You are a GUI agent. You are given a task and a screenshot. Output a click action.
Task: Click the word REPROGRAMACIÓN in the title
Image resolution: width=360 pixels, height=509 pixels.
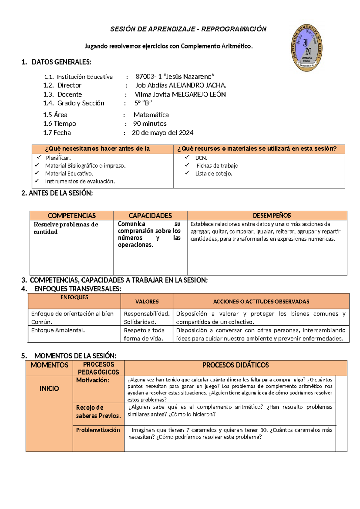coord(234,29)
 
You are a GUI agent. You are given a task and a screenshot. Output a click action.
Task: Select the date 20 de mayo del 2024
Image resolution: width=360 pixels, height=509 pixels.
coord(163,133)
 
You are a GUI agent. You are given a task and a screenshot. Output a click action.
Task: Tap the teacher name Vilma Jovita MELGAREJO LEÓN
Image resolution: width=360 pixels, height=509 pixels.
coord(180,94)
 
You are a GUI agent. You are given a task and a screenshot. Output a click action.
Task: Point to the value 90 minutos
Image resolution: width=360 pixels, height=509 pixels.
coord(150,124)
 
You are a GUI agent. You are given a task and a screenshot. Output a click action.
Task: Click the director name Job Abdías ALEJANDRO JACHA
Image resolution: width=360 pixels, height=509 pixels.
coord(181,85)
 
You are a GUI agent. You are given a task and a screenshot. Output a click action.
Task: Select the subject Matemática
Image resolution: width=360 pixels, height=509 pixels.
coord(151,115)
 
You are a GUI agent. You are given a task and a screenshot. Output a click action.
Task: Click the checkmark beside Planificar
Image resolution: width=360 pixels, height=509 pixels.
coord(39,157)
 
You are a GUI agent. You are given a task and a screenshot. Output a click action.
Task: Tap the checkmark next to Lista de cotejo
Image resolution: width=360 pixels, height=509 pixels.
coord(187,173)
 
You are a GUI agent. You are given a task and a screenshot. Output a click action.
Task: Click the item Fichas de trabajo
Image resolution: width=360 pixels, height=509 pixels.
coord(217,166)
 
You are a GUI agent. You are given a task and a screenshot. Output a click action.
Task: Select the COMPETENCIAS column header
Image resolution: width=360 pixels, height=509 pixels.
coord(71,215)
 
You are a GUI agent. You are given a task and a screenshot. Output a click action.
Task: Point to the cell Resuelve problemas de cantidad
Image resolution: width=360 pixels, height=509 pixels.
coord(66,228)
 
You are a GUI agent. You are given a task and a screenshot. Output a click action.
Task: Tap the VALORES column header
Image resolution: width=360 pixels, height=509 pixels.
coord(147,302)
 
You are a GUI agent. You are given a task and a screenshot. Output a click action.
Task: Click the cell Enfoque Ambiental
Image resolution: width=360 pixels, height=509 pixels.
coord(58,330)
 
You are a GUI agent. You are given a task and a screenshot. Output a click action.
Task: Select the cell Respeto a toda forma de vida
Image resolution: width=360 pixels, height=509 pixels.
coord(144,334)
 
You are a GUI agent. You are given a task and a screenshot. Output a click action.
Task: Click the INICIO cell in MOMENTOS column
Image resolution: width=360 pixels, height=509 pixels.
coord(49,389)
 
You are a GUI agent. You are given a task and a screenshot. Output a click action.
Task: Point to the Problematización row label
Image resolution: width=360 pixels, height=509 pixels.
coord(98,430)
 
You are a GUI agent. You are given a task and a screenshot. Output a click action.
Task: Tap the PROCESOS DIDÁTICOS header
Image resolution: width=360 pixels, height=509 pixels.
coord(235,365)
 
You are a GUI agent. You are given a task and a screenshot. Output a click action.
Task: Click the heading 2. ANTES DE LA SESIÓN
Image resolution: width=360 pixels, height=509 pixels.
coord(57,193)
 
